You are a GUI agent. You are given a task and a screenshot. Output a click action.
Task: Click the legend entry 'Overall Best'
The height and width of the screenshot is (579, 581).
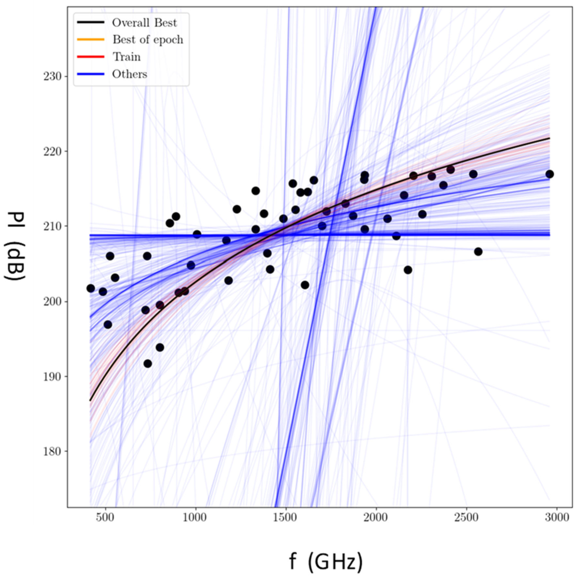(144, 23)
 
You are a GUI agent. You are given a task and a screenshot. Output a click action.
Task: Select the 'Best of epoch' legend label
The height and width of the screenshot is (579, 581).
(148, 40)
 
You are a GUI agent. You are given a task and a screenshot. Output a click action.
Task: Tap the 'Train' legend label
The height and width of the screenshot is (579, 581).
(127, 57)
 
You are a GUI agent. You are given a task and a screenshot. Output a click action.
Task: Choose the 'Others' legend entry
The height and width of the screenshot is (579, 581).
(130, 74)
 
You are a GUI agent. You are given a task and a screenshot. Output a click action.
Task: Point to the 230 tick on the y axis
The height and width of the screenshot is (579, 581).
(52, 76)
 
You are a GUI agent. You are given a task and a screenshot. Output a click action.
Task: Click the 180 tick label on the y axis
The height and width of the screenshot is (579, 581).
(52, 451)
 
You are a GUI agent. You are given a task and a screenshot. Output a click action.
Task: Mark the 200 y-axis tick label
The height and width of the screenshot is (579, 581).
(52, 301)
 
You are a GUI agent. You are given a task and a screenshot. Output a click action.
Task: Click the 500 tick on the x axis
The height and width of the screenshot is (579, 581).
(105, 517)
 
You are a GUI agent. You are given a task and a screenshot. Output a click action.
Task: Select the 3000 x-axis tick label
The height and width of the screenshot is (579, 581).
(557, 517)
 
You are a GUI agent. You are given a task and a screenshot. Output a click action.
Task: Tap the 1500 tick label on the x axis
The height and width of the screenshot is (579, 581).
(286, 517)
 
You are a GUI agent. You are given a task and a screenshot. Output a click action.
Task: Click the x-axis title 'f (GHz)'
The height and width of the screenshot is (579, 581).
(326, 562)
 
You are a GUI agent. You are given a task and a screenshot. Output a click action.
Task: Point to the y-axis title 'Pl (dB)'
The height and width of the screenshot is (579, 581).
(15, 246)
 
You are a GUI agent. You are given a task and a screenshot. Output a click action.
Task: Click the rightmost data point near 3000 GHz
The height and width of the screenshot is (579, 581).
(550, 174)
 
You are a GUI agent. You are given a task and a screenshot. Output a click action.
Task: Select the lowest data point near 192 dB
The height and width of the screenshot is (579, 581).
(148, 363)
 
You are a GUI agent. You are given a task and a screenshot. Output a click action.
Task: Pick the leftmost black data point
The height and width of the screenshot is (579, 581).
(91, 288)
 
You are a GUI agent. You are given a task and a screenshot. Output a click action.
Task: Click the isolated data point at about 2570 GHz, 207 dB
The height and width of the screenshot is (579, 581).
(478, 252)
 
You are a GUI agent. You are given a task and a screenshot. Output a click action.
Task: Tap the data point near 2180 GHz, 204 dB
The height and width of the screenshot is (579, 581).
(408, 270)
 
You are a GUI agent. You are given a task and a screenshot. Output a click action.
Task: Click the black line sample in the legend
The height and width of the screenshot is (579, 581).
(91, 22)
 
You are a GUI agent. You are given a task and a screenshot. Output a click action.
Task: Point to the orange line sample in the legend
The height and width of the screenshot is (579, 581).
(91, 40)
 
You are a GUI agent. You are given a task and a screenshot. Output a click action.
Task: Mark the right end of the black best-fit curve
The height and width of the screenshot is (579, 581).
(550, 138)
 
